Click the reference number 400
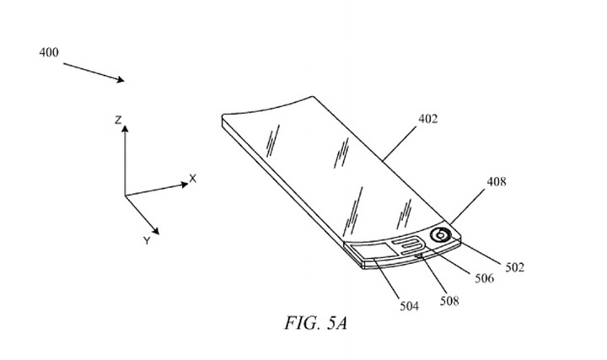tap(49, 52)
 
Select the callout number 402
tap(427, 119)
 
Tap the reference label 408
tap(497, 181)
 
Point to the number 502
tap(514, 267)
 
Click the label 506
tap(484, 278)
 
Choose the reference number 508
tap(449, 301)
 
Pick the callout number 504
tap(409, 306)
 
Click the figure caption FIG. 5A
tap(315, 323)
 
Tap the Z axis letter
tap(118, 121)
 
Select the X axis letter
tap(192, 179)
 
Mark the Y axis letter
tap(147, 241)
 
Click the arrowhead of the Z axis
tap(125, 128)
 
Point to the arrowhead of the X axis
tap(185, 185)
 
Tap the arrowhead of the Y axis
tap(155, 231)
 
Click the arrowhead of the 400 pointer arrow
tap(121, 79)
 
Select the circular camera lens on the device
tap(440, 235)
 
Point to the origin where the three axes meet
tap(125, 196)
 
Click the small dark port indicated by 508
tap(418, 255)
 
